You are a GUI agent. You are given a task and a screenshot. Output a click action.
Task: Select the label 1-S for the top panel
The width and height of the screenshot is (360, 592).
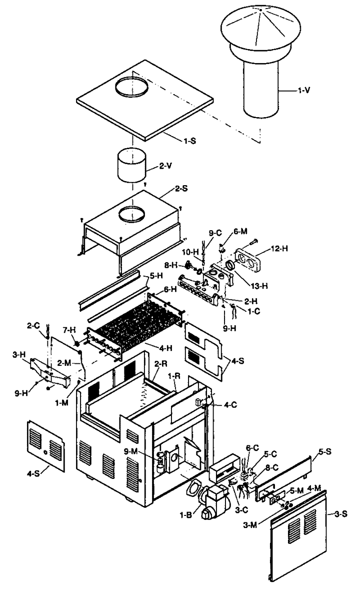[190, 141]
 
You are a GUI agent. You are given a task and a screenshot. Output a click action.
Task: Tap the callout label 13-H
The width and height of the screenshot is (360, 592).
[259, 286]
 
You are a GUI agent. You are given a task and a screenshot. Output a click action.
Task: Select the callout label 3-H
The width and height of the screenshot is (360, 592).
[19, 355]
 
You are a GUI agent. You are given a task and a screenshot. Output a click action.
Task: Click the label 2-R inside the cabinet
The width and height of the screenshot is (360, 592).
[161, 364]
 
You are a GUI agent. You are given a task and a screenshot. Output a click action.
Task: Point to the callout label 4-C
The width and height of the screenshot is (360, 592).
[230, 405]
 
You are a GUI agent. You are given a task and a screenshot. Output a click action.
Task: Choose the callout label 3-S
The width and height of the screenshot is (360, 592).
[341, 514]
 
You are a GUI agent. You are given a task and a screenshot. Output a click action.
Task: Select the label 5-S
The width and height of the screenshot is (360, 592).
[325, 452]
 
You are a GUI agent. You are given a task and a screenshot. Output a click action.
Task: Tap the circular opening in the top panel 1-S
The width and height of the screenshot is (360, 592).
[132, 87]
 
